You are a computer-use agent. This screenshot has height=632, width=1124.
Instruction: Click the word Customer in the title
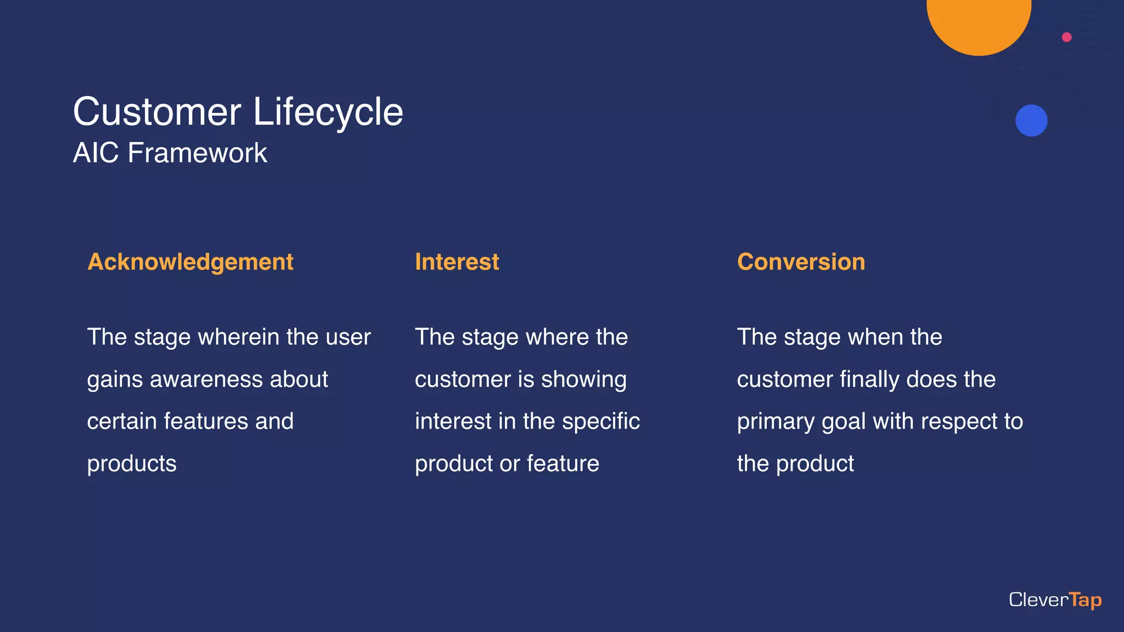pyautogui.click(x=157, y=112)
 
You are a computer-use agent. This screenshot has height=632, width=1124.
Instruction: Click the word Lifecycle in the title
pyautogui.click(x=328, y=112)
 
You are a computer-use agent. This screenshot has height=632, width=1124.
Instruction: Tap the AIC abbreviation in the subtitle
pyautogui.click(x=95, y=153)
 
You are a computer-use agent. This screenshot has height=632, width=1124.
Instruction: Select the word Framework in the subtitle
pyautogui.click(x=197, y=153)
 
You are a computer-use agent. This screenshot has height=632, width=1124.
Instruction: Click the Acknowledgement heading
pyautogui.click(x=190, y=262)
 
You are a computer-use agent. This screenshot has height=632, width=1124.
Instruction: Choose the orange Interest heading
pyautogui.click(x=457, y=262)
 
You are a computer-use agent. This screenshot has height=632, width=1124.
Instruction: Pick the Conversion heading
pyautogui.click(x=801, y=262)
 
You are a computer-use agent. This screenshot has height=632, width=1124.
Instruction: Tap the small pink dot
pyautogui.click(x=1066, y=37)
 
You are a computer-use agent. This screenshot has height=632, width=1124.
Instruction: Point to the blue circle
pyautogui.click(x=1031, y=121)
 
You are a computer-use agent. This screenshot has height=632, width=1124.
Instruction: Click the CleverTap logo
pyautogui.click(x=1055, y=600)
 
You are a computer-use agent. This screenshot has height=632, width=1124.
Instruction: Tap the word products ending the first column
pyautogui.click(x=132, y=464)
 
